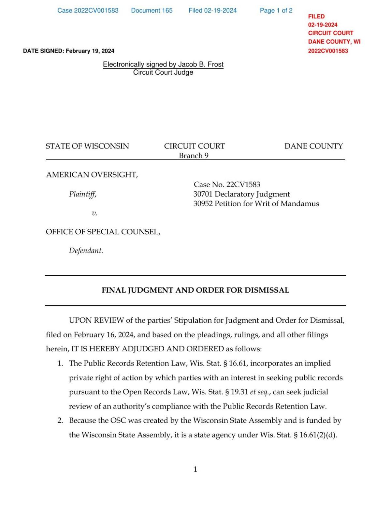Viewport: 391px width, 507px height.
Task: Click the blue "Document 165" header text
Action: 152,10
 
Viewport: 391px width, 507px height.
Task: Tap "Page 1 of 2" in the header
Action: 276,10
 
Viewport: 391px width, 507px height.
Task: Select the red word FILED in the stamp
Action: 316,16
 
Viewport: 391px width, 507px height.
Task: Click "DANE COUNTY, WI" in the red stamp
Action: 334,42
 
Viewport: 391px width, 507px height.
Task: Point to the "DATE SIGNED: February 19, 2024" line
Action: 68,51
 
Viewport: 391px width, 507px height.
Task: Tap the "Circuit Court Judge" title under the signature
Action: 163,72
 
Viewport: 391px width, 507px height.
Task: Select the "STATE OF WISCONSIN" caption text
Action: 87,146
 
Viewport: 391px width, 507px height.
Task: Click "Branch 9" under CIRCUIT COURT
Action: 194,156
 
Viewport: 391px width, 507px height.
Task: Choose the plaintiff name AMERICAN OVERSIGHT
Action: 92,175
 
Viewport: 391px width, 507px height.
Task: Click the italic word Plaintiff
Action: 83,194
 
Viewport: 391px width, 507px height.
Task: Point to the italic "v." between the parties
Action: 94,213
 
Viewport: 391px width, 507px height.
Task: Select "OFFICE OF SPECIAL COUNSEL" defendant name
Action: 103,232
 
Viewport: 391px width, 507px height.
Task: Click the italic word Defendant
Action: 86,251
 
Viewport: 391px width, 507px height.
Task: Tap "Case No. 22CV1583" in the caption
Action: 227,185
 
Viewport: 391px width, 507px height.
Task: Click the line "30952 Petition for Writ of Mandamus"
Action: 256,204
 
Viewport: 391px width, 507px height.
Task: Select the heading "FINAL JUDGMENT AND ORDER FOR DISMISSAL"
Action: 195,290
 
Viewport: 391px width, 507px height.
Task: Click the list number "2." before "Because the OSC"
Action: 60,420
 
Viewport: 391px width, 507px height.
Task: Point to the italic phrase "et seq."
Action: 260,392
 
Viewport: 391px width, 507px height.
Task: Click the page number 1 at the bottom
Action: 195,469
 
